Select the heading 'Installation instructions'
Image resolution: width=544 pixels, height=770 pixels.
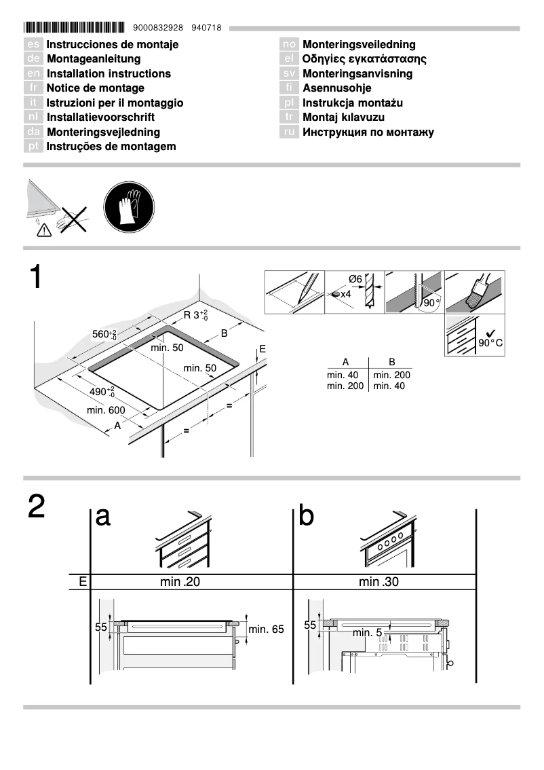109,73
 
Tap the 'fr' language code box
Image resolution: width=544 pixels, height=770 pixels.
33,88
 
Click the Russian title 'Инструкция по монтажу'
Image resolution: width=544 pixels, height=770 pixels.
368,132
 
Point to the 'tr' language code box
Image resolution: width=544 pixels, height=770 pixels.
289,117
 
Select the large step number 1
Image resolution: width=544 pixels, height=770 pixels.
35,278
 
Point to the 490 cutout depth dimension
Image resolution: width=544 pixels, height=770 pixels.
102,392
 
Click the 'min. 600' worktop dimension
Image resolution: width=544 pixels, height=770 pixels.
106,410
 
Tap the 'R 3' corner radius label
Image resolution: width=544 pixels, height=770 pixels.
195,315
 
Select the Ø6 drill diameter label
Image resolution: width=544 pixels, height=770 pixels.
355,279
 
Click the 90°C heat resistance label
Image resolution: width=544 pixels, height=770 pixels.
490,342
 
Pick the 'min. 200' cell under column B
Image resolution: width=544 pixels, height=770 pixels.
391,375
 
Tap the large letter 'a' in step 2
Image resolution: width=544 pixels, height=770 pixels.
103,517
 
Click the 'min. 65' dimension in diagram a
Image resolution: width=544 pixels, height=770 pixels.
266,629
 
